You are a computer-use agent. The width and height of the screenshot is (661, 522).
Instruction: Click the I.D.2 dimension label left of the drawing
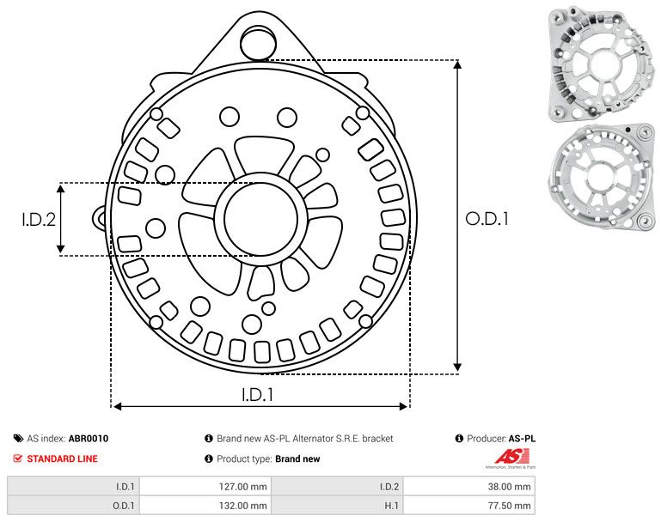39,219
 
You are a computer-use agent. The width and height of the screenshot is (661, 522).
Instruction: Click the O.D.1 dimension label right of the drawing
487,219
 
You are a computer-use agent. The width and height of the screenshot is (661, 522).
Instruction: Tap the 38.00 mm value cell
510,487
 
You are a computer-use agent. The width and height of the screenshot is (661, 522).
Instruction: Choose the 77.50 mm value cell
510,506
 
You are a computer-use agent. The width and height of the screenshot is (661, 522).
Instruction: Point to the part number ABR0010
89,438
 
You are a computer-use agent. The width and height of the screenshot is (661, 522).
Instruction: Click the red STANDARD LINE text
62,458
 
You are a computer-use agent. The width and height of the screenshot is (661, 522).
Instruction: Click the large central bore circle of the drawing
257,219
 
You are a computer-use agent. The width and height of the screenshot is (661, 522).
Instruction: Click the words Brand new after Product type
297,458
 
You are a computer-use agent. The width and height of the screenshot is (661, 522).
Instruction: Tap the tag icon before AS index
18,438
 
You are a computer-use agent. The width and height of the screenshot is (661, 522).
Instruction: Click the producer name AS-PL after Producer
522,438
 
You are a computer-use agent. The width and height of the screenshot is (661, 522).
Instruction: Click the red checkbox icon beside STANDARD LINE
18,458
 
